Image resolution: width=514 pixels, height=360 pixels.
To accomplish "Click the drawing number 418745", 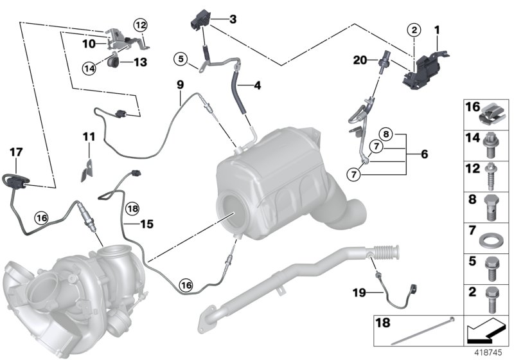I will coord(490,352).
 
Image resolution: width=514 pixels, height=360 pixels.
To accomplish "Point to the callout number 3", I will coord(232,19).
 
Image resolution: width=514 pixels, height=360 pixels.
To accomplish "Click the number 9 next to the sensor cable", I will coord(180,84).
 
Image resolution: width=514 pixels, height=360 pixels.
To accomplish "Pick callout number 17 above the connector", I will coord(16,152).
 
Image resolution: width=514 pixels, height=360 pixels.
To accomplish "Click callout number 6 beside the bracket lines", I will coord(424,154).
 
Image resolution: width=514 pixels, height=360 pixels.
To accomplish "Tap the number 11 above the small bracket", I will coord(88,136).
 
